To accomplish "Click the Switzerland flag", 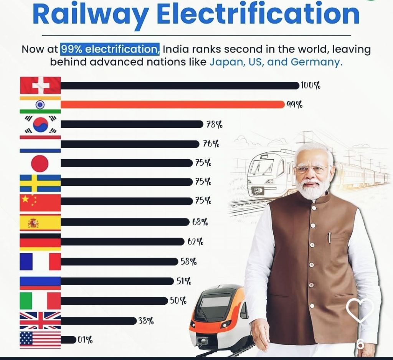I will (x=40, y=85).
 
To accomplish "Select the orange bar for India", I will (x=173, y=104).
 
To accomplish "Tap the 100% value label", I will (x=310, y=85).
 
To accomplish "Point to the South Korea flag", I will (x=40, y=124).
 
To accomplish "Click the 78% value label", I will (x=214, y=124).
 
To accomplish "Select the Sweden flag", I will (x=40, y=183).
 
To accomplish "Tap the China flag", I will (x=40, y=203).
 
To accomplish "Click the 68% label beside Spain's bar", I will (x=200, y=222).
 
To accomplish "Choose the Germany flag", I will (x=40, y=242).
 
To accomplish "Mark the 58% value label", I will (x=188, y=262).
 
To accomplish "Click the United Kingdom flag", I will (x=40, y=320).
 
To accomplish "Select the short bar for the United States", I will (x=68, y=340).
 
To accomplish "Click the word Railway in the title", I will (x=91, y=14).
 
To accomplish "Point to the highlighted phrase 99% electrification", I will (x=110, y=50).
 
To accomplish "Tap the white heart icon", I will (x=360, y=310).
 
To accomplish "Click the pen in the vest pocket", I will (x=329, y=238).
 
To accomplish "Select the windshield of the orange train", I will (x=215, y=301).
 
